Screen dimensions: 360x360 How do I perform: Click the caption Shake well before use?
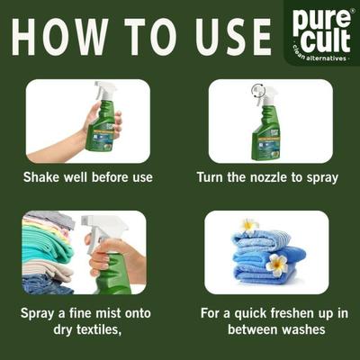point(88,177)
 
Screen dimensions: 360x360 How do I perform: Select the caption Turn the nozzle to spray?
point(267,177)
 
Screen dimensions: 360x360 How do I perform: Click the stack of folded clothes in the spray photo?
point(45,252)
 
